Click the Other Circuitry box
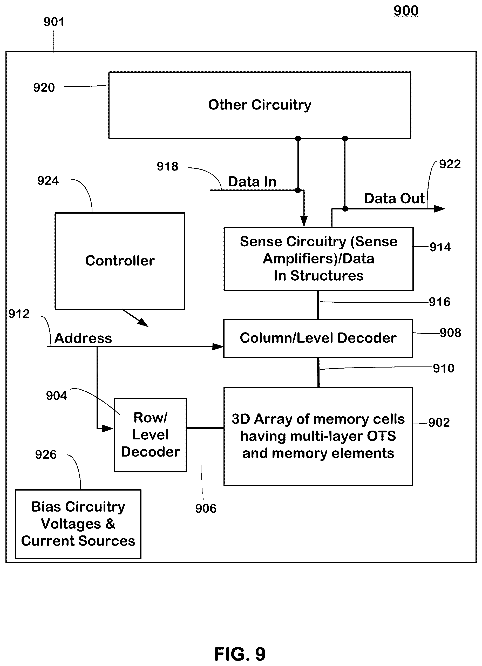tap(260, 105)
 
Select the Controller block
tap(120, 261)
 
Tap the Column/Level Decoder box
tap(318, 338)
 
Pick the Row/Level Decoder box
tap(150, 435)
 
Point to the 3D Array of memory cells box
tap(318, 436)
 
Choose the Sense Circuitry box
tap(319, 259)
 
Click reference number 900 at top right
tap(406, 11)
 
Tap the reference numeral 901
tap(54, 22)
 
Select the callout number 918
tap(167, 167)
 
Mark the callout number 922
tap(450, 164)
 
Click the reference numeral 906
tap(206, 508)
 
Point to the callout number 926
tap(46, 454)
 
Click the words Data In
tap(252, 182)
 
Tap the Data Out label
tap(395, 199)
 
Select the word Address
tap(83, 338)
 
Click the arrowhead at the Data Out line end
tap(440, 209)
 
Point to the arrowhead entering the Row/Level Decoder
tap(108, 429)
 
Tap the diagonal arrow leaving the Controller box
tap(135, 318)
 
